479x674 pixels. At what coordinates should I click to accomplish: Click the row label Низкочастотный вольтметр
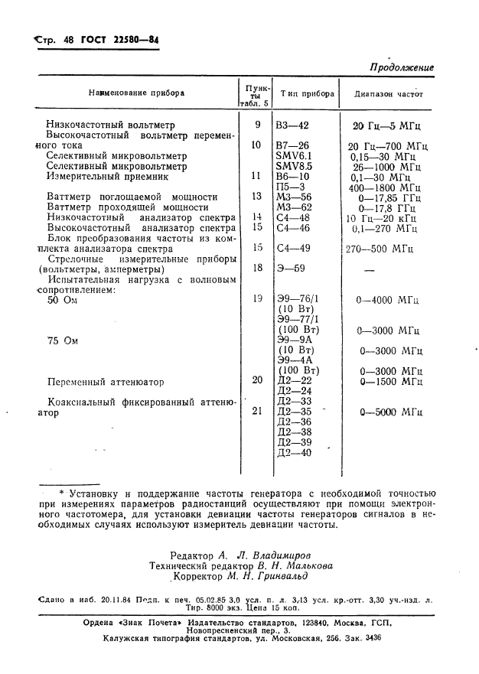[110, 125]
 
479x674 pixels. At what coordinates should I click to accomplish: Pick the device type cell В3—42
[293, 125]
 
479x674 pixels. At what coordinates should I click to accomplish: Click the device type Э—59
[290, 269]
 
